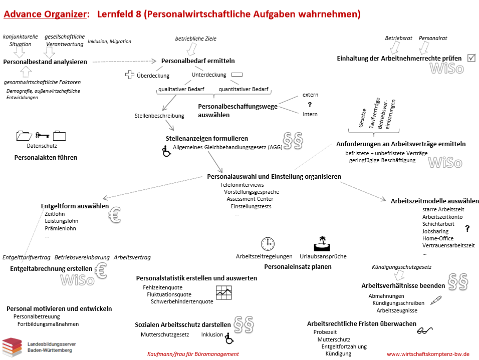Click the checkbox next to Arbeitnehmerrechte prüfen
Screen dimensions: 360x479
471,58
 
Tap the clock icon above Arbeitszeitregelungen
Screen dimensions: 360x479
268,243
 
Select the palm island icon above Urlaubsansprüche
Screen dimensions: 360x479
321,243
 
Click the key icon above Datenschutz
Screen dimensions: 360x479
42,135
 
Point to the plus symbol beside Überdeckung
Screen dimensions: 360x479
130,75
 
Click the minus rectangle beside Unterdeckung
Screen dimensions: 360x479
237,75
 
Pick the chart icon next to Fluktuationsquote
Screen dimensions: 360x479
223,292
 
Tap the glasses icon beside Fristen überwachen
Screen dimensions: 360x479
425,329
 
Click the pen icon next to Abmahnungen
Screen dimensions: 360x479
435,300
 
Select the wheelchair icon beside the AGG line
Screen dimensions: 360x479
166,151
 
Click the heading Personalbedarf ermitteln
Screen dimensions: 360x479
198,61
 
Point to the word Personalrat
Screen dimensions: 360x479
433,38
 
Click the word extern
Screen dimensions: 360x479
310,95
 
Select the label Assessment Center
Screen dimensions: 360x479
250,199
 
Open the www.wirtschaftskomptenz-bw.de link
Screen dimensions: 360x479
428,353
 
